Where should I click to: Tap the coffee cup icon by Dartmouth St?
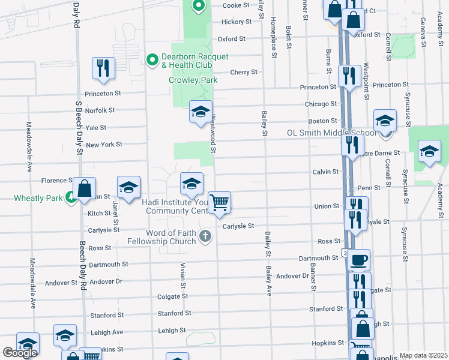coord(359,260)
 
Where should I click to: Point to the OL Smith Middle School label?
coord(331,133)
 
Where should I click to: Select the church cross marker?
coord(206,236)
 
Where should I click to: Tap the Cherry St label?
coord(244,72)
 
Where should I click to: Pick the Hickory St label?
coord(236,22)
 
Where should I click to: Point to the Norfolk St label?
coord(100,110)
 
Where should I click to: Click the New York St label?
coord(104,145)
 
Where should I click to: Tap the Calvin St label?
coord(326,172)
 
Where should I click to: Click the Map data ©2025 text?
coord(423,355)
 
